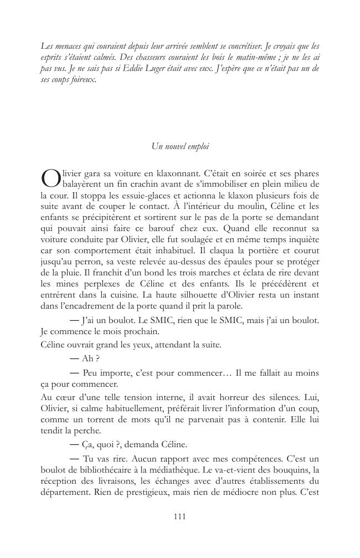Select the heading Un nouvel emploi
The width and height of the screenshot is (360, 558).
179,146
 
